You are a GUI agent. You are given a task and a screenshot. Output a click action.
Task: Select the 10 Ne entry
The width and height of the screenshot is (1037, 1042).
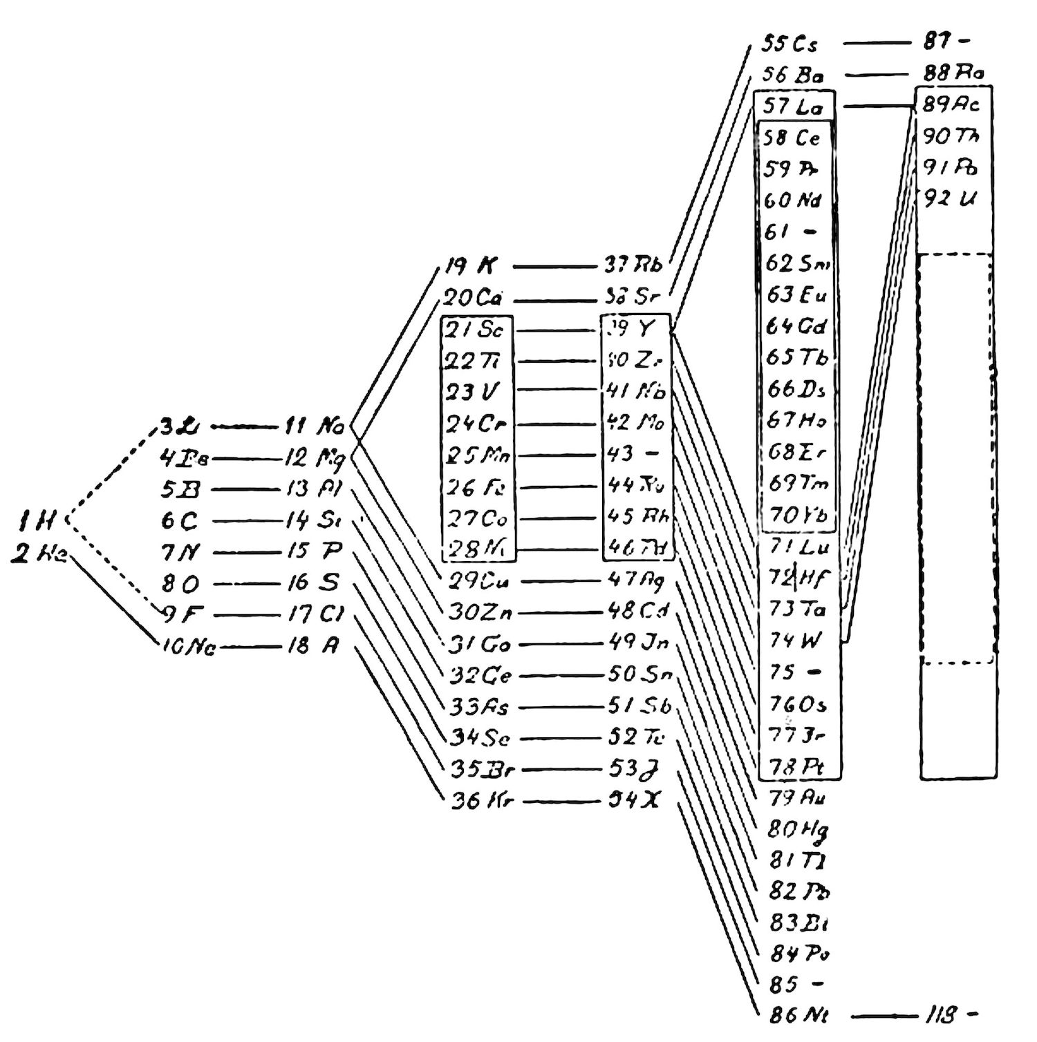(188, 647)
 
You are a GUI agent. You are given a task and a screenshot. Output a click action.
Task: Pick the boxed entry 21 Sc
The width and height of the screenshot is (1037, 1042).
(474, 330)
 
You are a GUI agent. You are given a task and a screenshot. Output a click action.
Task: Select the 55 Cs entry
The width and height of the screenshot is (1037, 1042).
(790, 44)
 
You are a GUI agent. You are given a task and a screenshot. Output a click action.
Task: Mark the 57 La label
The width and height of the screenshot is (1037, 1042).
(794, 106)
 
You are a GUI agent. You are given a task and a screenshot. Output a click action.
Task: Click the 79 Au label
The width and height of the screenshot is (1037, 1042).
(798, 797)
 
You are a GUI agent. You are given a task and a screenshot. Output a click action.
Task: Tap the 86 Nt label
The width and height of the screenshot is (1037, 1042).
(798, 1015)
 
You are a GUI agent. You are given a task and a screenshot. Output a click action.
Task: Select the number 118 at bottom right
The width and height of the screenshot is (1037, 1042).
(941, 1015)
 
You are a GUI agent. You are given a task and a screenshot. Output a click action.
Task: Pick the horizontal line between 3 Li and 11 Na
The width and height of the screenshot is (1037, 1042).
(243, 427)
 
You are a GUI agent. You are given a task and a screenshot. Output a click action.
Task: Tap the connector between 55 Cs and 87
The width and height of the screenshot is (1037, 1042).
(877, 43)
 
